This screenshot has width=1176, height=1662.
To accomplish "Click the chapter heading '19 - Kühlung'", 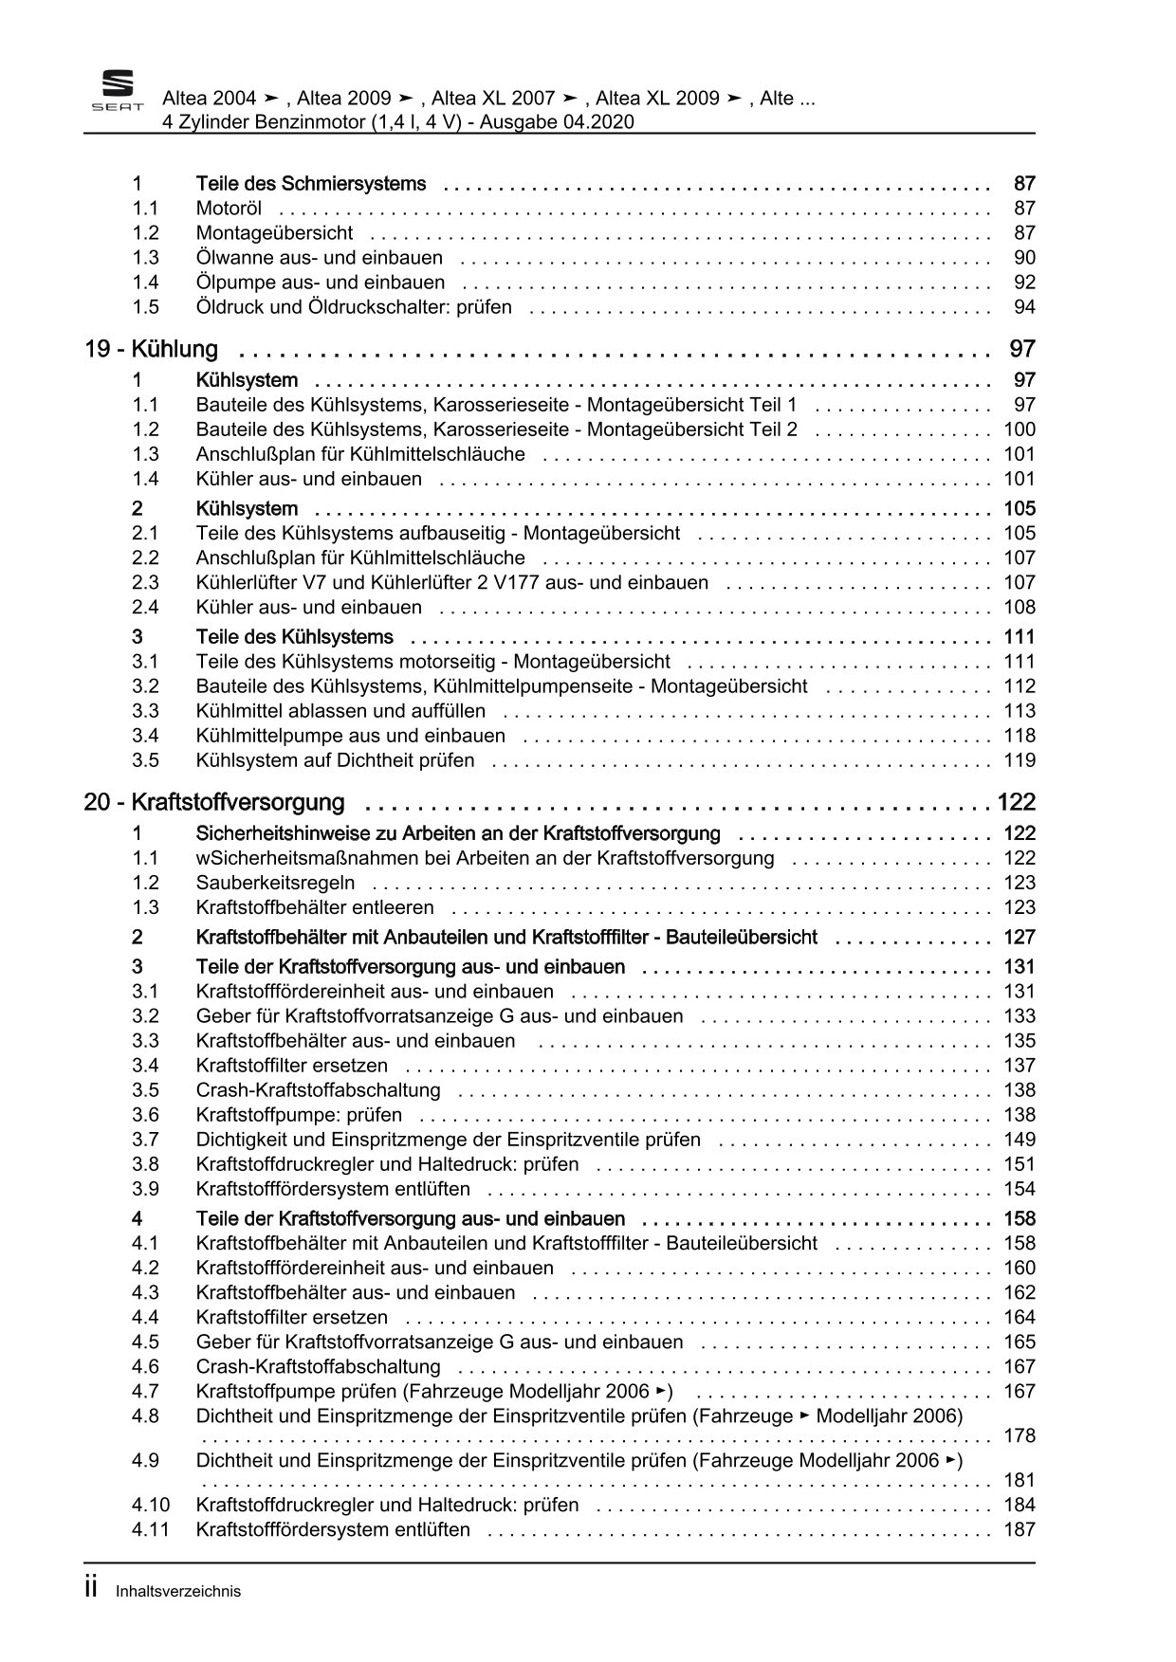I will pos(152,349).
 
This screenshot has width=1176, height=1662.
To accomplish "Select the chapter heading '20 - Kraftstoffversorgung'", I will pos(214,802).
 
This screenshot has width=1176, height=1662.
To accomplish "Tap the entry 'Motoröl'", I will pos(229,209).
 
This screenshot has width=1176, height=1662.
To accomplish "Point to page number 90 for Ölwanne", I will pos(1024,258).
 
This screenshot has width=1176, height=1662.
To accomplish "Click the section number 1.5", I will pos(145,307).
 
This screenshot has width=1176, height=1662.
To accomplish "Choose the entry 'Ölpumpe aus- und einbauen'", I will pos(320,283).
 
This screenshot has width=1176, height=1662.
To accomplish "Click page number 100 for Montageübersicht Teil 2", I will pos(1020,429).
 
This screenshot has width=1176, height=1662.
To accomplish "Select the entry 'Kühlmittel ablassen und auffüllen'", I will pos(340,711).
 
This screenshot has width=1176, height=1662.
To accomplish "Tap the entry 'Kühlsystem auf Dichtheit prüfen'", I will pos(335,760).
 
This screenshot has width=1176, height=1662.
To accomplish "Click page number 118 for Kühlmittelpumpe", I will pos(1020,736).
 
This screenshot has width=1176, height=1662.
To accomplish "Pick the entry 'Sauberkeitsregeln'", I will pos(275,883).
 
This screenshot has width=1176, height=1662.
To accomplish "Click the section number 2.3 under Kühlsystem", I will pos(145,582).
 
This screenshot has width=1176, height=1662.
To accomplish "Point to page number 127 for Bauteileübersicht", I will pos(1020,938).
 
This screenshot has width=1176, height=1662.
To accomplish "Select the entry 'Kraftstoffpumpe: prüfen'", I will pos(299,1115).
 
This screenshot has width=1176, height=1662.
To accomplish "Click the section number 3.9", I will pos(145,1189).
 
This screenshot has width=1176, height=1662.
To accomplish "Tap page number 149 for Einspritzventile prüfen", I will pos(1020,1140).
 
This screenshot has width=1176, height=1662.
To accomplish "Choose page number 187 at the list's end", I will pos(1020,1529).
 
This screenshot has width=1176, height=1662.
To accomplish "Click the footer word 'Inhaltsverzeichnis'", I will pos(178,1592).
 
